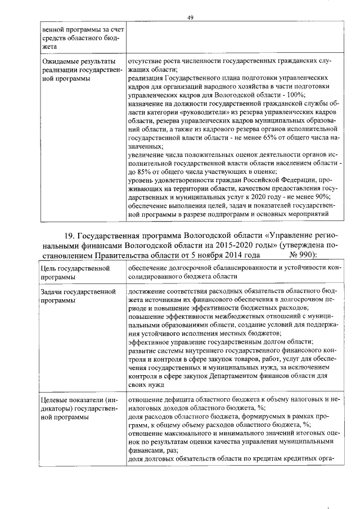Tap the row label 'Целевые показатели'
(x=78, y=400)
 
